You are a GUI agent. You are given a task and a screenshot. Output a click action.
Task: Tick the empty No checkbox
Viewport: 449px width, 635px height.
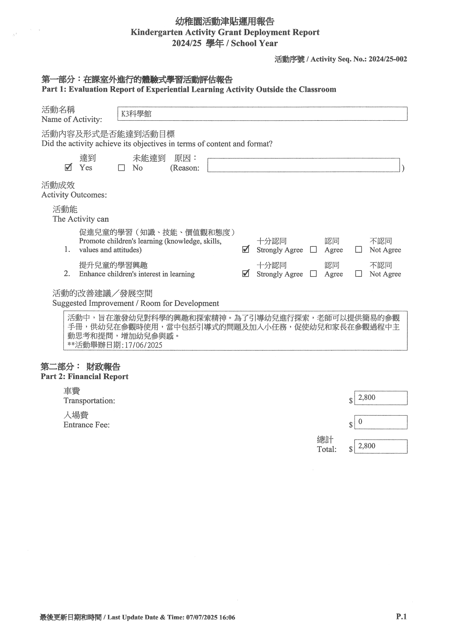[121, 168]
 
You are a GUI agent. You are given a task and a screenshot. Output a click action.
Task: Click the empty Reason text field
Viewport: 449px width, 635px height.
[304, 165]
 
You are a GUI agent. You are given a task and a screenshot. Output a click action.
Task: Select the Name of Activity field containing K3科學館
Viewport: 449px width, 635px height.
[262, 114]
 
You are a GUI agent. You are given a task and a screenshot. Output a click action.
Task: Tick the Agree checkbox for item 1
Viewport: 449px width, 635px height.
[313, 250]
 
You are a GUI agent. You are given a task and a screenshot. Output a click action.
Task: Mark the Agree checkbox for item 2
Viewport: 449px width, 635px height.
[313, 274]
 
